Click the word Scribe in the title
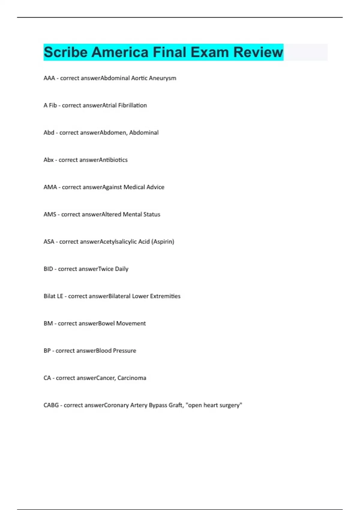pyautogui.click(x=66, y=52)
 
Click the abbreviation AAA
pyautogui.click(x=49, y=78)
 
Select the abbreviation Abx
pyautogui.click(x=49, y=160)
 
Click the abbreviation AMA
pyautogui.click(x=50, y=187)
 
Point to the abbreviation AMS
pyautogui.click(x=50, y=214)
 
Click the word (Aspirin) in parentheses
pyautogui.click(x=163, y=242)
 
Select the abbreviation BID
pyautogui.click(x=48, y=269)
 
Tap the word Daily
pyautogui.click(x=121, y=269)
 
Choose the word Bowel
pyautogui.click(x=106, y=323)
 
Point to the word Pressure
pyautogui.click(x=124, y=351)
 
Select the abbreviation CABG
pyautogui.click(x=51, y=405)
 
